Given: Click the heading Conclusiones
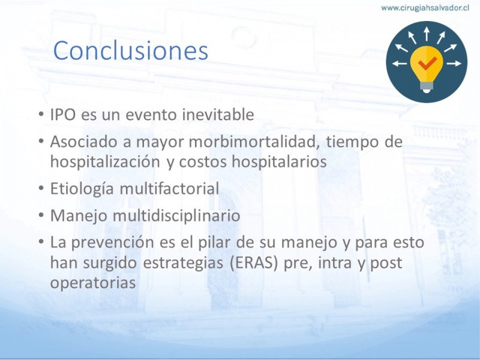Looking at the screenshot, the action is pos(131,50).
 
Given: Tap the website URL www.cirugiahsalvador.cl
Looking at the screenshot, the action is pos(425,8).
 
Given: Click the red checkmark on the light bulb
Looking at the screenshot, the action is pos(427,63).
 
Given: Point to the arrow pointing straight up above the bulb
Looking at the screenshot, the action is pos(427,34).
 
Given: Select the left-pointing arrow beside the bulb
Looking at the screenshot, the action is pos(400,64).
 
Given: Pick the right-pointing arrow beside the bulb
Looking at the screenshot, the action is pos(454,64).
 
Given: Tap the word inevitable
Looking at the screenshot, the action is pos(218,115).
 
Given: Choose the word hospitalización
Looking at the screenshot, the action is pos(105,161).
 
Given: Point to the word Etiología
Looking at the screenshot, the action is pos(82,188).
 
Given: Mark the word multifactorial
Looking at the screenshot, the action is pos(169,188).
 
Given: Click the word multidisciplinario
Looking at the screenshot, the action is pos(176,215).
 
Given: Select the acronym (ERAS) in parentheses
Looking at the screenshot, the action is pos(254,263).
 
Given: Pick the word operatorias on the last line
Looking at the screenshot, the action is pos(93,283).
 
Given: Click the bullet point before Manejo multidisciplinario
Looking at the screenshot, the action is pos(41,215).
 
